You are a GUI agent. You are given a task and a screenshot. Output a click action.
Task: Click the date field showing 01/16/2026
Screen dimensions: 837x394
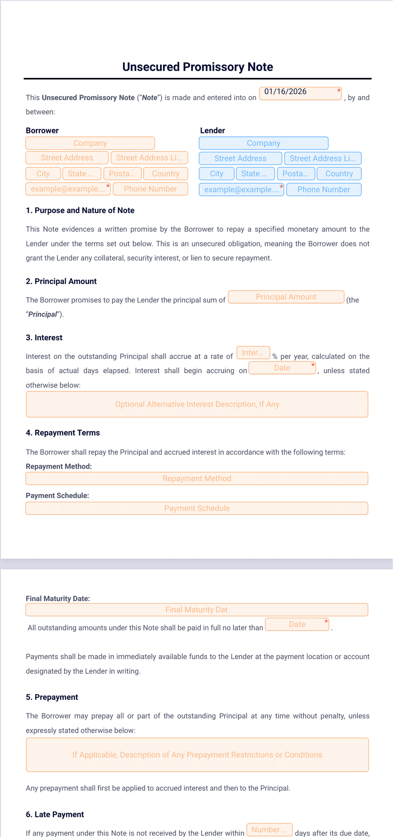pyautogui.click(x=300, y=93)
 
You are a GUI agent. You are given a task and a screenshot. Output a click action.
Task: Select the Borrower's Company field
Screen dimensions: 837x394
pyautogui.click(x=90, y=143)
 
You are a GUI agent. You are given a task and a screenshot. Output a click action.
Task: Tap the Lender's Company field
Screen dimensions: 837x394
pyautogui.click(x=263, y=143)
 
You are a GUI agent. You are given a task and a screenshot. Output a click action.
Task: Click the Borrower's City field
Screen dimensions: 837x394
pyautogui.click(x=43, y=174)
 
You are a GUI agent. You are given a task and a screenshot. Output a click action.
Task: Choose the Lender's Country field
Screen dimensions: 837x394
pyautogui.click(x=339, y=174)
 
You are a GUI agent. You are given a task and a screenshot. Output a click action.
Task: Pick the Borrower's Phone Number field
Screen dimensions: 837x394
pyautogui.click(x=150, y=189)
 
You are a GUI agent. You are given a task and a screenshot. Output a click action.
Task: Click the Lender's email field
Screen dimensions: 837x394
pyautogui.click(x=241, y=190)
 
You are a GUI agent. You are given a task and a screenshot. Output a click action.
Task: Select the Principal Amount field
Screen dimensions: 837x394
pyautogui.click(x=286, y=297)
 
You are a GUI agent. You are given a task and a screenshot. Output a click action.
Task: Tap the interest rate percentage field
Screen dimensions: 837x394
pyautogui.click(x=253, y=353)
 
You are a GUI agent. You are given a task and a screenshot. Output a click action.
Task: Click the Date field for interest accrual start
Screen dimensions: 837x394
pyautogui.click(x=282, y=368)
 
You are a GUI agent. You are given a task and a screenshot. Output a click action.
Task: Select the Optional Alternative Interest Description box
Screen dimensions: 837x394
pyautogui.click(x=197, y=404)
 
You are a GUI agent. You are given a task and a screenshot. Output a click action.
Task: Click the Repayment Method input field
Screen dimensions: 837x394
pyautogui.click(x=197, y=479)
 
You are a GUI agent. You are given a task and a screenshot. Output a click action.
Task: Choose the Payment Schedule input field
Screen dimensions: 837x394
pyautogui.click(x=197, y=508)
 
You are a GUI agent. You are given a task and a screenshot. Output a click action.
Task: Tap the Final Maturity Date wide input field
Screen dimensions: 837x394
pyautogui.click(x=197, y=610)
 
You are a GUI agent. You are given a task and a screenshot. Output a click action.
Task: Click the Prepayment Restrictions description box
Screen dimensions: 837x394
pyautogui.click(x=197, y=755)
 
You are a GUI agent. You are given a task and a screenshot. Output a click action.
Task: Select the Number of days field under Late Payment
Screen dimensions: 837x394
pyautogui.click(x=269, y=830)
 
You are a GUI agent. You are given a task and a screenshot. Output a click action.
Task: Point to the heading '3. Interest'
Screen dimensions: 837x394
pyautogui.click(x=44, y=338)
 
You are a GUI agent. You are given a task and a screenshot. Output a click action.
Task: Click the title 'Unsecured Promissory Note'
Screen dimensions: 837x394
pyautogui.click(x=197, y=67)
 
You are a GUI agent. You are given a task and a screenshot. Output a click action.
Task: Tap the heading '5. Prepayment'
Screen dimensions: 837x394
pyautogui.click(x=52, y=697)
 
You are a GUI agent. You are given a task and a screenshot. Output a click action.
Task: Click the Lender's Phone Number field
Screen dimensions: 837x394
pyautogui.click(x=324, y=190)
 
